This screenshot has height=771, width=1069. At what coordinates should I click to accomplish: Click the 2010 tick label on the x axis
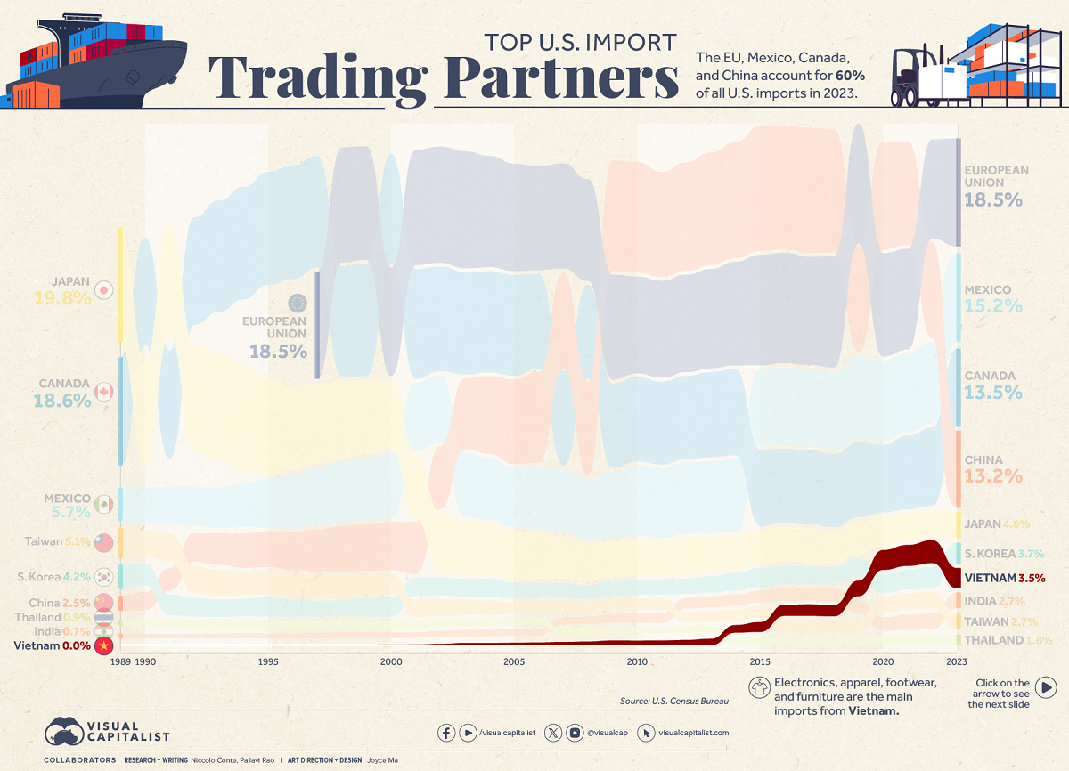(x=636, y=662)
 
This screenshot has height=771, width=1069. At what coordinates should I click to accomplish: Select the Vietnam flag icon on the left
(x=105, y=646)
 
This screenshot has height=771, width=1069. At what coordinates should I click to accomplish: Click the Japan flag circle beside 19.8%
(x=105, y=291)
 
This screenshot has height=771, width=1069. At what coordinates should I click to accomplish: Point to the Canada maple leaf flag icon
(x=105, y=393)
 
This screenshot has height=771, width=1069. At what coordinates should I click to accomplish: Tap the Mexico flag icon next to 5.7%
(x=105, y=505)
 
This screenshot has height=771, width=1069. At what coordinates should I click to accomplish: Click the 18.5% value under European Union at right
(x=992, y=200)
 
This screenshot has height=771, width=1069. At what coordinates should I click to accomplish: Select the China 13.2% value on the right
(x=992, y=476)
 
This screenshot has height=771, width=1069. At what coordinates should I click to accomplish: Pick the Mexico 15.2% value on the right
(x=992, y=306)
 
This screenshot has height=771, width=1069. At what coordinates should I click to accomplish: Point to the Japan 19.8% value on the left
(x=62, y=299)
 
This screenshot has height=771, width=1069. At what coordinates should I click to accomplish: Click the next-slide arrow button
(x=1047, y=687)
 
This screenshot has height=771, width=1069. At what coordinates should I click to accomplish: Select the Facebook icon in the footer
(x=445, y=733)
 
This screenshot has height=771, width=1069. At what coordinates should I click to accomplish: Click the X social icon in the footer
(x=553, y=733)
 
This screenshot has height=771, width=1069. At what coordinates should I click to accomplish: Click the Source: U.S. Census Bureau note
(x=674, y=702)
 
